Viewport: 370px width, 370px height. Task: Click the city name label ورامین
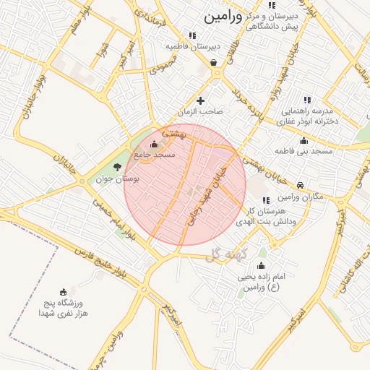pyautogui.click(x=223, y=16)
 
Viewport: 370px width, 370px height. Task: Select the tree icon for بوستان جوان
pyautogui.click(x=117, y=168)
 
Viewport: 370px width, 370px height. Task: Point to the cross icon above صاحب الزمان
pyautogui.click(x=200, y=100)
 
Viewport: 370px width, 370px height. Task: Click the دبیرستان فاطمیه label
pyautogui.click(x=192, y=46)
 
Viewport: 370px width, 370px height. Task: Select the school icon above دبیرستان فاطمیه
pyautogui.click(x=192, y=35)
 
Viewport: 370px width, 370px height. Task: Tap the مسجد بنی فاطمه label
pyautogui.click(x=303, y=151)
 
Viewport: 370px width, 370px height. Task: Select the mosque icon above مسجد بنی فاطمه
pyautogui.click(x=304, y=140)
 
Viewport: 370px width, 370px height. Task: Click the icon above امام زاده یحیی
pyautogui.click(x=261, y=266)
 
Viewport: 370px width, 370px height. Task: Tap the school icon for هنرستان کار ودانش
pyautogui.click(x=265, y=200)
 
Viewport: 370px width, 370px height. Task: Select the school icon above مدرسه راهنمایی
pyautogui.click(x=307, y=100)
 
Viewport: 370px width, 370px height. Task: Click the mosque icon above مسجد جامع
pyautogui.click(x=153, y=143)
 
